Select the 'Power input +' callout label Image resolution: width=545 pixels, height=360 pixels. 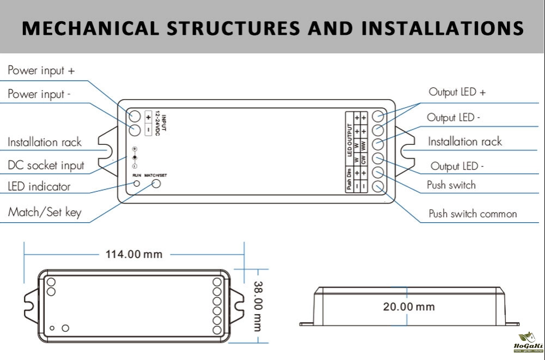[41, 71]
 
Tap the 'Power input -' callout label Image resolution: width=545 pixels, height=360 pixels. [39, 94]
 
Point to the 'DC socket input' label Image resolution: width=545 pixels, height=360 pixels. [46, 166]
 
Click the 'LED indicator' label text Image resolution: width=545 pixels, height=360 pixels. [39, 187]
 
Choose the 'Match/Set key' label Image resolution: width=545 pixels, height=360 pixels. [44, 212]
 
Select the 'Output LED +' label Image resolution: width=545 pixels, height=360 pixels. [457, 92]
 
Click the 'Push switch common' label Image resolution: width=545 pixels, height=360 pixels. [473, 213]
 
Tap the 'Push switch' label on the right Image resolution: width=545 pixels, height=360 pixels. [451, 185]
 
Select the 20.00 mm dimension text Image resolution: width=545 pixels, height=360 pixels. [409, 307]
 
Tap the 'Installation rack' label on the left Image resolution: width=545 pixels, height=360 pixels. [44, 143]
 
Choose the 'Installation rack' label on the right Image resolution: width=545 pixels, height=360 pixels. [464, 142]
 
